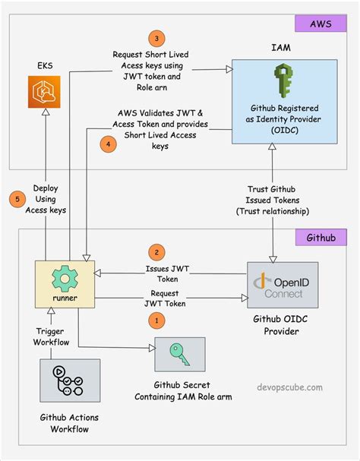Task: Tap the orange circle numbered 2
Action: tap(156, 252)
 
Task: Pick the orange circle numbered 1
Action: tap(156, 321)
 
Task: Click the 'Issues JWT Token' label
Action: tap(168, 274)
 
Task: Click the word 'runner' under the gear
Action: tap(64, 298)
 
